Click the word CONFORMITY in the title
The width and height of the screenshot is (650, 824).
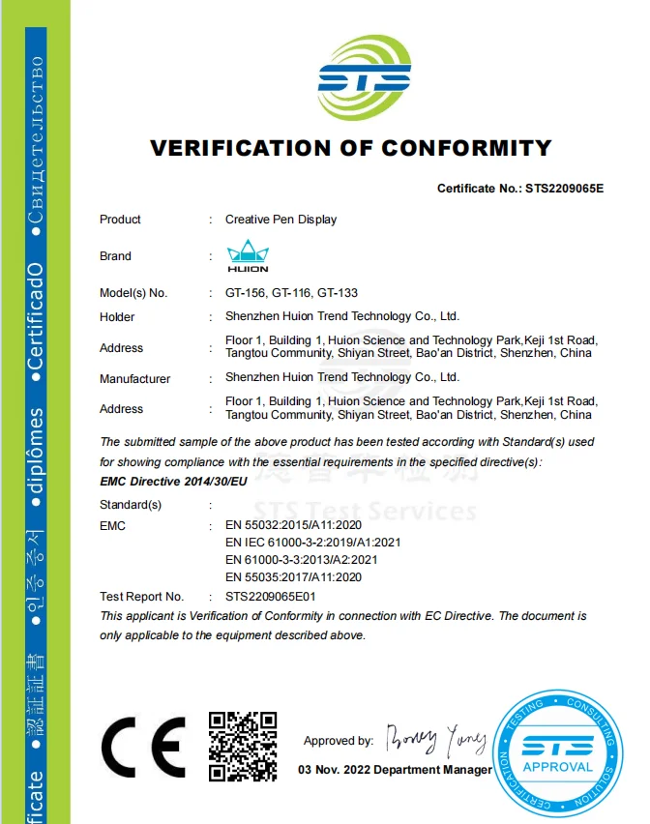point(466,149)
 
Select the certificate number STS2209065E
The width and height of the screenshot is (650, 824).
point(564,189)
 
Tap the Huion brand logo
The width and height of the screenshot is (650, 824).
point(248,256)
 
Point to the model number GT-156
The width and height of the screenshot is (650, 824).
point(245,292)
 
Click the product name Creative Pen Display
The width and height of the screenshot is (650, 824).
point(281,220)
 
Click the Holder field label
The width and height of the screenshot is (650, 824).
point(117,317)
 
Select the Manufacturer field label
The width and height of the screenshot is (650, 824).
point(134,379)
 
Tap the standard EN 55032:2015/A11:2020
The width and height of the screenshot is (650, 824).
point(293,525)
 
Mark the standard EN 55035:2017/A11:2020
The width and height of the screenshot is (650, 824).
point(293,577)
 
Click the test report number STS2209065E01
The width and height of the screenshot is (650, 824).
point(271,597)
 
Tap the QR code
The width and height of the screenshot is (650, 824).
point(243,746)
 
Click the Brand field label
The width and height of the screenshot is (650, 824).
point(115,256)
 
